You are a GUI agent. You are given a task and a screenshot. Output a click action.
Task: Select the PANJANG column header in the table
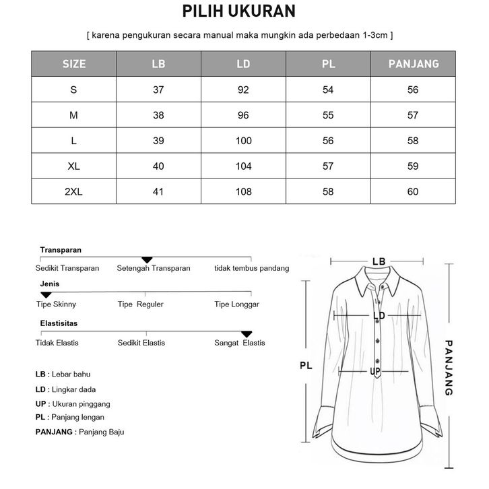tap(413, 64)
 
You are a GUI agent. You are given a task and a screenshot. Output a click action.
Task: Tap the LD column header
tap(244, 64)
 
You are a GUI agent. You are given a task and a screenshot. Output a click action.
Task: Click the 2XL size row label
tap(74, 192)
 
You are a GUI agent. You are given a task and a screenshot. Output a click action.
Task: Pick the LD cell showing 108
tap(244, 192)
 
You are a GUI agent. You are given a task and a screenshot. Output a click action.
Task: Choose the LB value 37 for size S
tap(159, 90)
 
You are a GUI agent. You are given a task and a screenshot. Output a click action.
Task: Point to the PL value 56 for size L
tap(328, 141)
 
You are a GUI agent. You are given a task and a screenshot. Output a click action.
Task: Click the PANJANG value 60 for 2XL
tap(413, 192)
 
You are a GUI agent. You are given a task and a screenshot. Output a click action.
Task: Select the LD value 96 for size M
tap(244, 115)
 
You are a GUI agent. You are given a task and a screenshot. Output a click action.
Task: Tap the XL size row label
tap(74, 166)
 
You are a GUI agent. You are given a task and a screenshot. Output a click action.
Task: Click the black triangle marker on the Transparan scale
tap(147, 260)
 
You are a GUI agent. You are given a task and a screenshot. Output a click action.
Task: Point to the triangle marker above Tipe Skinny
tap(46, 295)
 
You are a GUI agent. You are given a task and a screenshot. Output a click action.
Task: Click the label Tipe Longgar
tap(236, 304)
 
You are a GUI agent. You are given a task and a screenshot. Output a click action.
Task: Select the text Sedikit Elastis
tap(141, 343)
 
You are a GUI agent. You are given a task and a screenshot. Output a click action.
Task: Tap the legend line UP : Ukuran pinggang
tap(73, 404)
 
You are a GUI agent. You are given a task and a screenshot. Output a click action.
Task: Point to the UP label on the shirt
tap(376, 372)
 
